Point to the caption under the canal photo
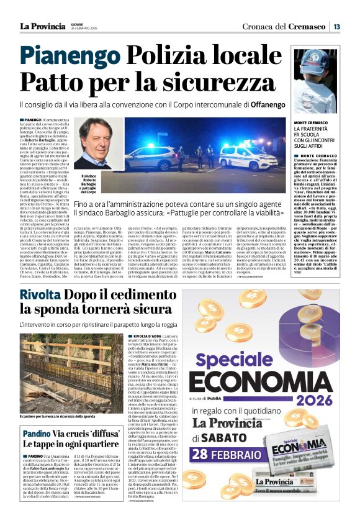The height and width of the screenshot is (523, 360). (59, 416)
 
